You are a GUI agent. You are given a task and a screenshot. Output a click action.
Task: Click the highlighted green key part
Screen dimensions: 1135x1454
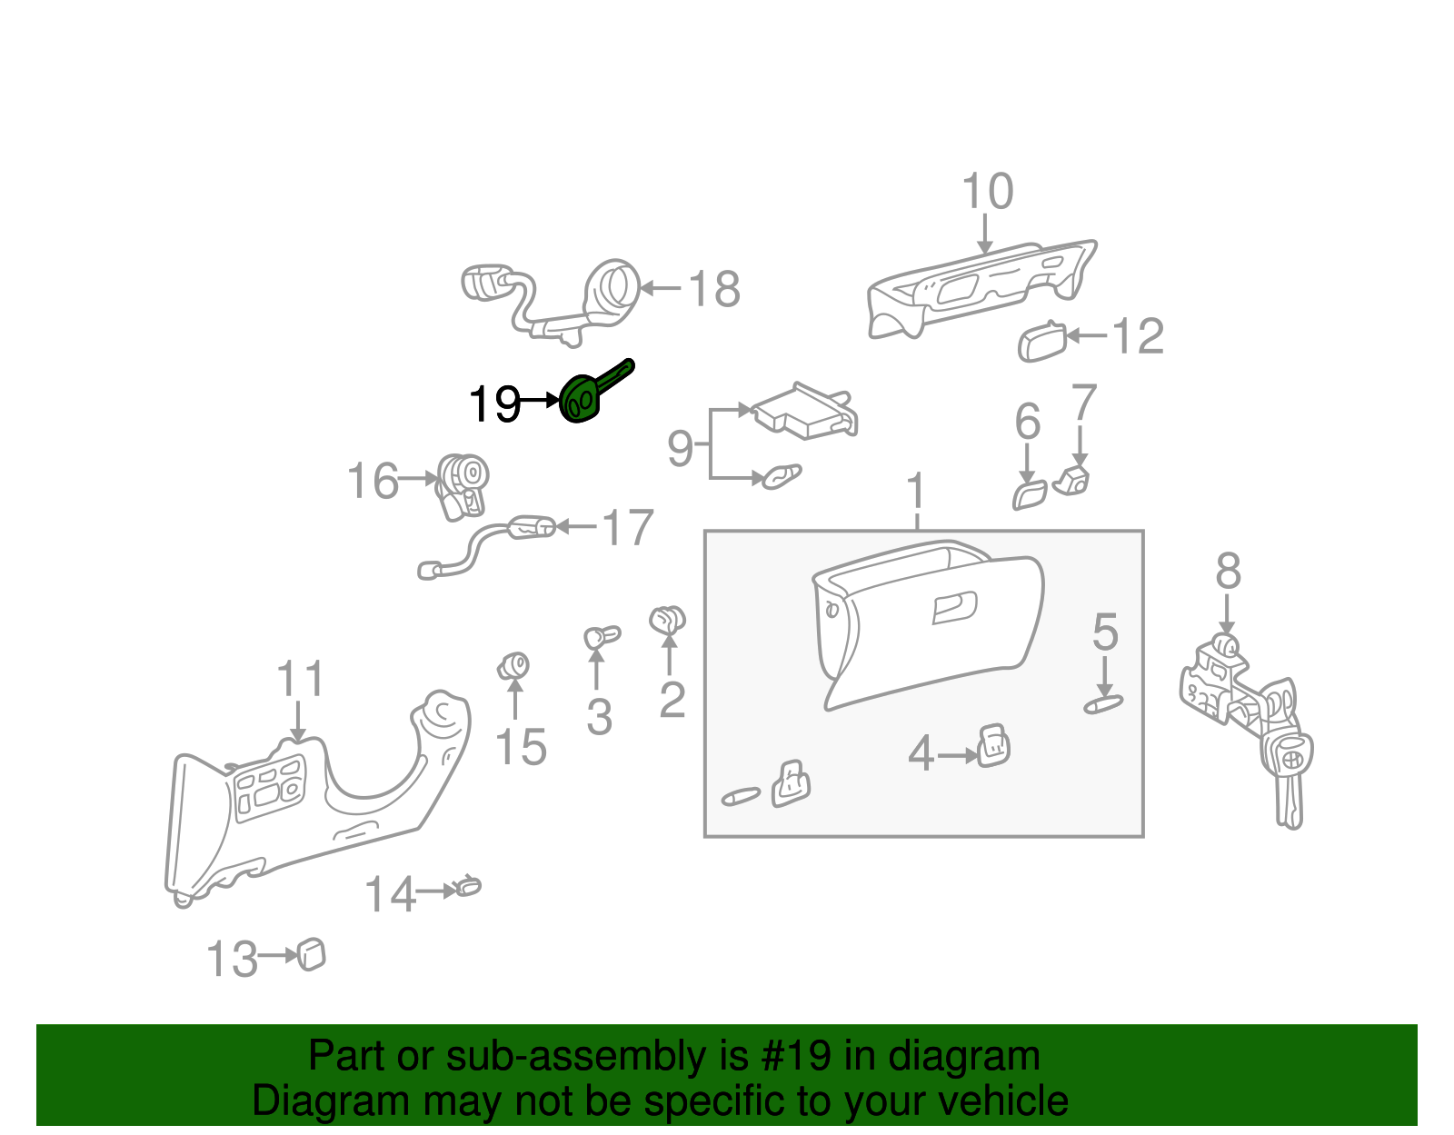(582, 400)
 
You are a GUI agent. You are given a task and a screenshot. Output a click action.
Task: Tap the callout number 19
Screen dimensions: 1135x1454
(494, 403)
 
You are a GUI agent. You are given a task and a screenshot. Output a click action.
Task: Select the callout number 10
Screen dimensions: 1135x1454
(987, 193)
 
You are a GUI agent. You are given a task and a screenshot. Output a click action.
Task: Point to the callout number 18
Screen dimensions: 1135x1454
(714, 290)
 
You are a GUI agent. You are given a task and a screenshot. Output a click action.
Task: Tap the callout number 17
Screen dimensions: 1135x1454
(628, 528)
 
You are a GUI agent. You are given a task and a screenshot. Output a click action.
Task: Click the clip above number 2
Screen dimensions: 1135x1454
(668, 620)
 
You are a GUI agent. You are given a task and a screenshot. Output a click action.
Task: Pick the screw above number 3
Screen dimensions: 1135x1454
(599, 636)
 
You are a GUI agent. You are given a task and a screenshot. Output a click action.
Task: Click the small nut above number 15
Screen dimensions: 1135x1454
(514, 666)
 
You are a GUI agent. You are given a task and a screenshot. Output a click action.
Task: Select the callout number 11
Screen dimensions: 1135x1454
(300, 680)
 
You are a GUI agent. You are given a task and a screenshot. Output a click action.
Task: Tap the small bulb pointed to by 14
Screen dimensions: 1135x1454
(468, 885)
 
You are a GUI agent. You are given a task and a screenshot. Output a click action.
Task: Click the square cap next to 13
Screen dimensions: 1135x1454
(312, 954)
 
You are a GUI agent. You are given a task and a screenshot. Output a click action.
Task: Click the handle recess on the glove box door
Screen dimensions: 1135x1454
(954, 607)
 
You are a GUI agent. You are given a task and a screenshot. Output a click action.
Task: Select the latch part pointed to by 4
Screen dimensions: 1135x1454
(993, 747)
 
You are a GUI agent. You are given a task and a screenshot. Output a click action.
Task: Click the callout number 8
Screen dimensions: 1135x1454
(1228, 572)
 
